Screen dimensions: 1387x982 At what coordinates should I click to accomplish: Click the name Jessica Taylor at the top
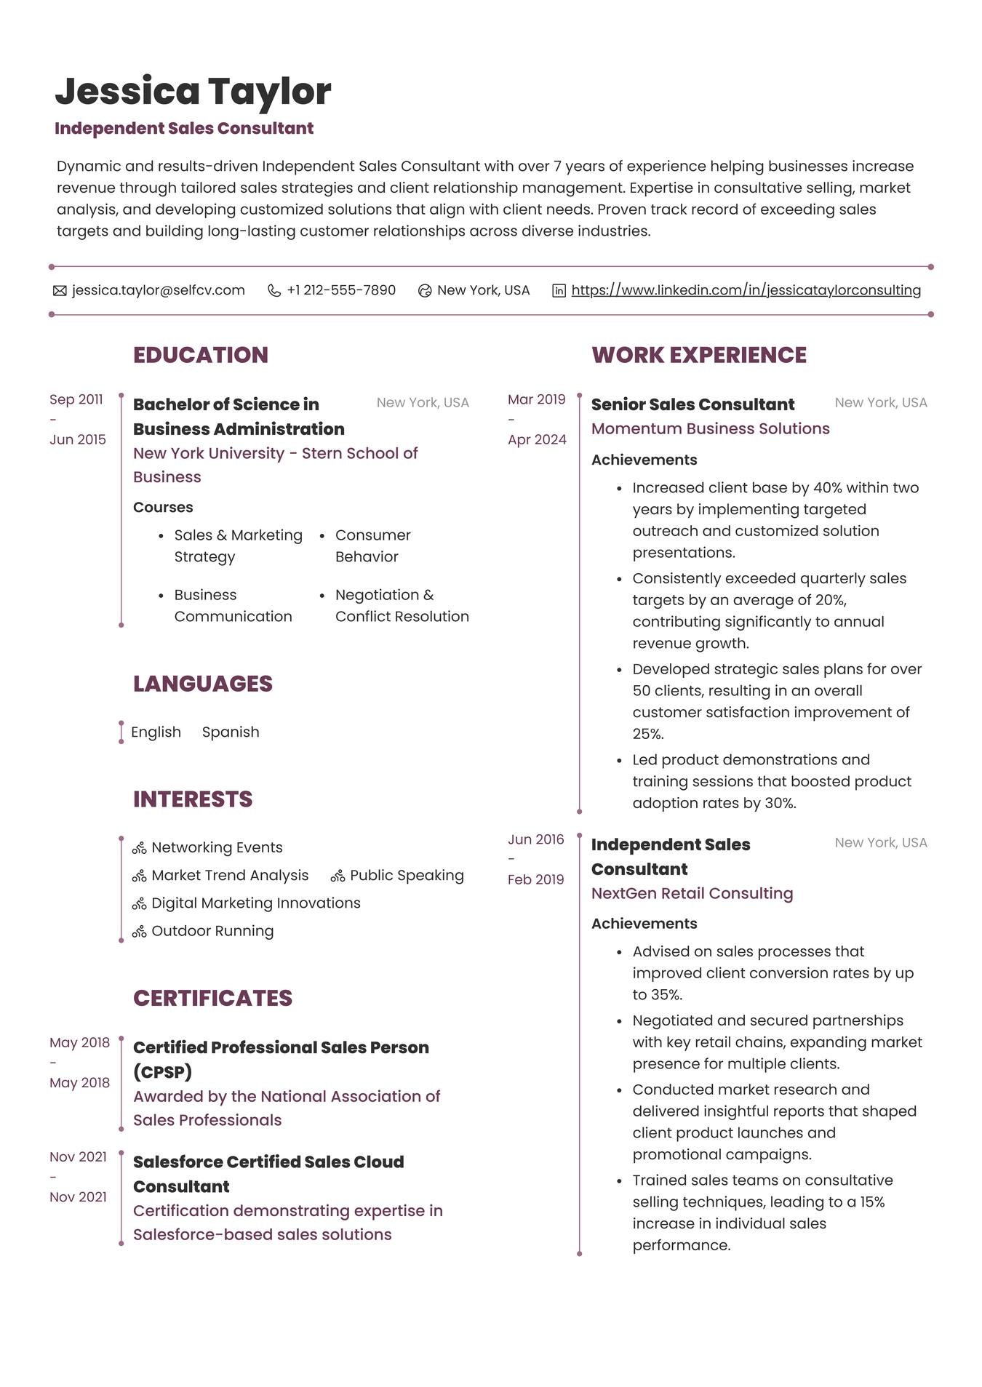(x=193, y=92)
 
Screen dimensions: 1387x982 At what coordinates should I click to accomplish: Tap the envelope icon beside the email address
(x=60, y=291)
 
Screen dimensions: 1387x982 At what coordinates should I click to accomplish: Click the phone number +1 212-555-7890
(x=341, y=290)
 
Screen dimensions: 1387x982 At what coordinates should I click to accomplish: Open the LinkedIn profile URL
(x=746, y=290)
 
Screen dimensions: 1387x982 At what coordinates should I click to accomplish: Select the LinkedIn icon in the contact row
(x=559, y=291)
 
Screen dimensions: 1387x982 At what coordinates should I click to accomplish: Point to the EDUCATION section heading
(x=201, y=355)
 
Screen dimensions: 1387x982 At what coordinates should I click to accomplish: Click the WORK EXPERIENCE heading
(x=698, y=355)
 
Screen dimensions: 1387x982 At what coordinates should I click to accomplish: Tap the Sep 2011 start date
(x=76, y=399)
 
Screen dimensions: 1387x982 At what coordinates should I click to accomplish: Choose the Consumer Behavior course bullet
(x=372, y=545)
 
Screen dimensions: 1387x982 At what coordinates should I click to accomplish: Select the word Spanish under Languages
(x=231, y=732)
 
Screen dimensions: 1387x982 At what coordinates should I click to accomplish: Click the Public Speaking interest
(x=407, y=875)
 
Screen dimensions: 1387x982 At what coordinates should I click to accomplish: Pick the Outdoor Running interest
(x=212, y=931)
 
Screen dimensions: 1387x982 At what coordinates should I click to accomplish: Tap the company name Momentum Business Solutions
(x=710, y=428)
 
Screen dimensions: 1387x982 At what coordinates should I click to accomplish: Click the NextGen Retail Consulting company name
(x=692, y=893)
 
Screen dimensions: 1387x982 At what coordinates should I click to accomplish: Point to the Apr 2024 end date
(x=537, y=439)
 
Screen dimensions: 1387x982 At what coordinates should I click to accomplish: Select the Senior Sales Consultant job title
(x=692, y=404)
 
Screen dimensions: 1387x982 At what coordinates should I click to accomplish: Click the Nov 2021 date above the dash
(x=78, y=1156)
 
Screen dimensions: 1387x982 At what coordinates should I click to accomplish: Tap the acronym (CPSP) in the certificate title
(x=162, y=1071)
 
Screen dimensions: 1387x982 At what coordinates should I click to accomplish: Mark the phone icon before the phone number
(x=274, y=291)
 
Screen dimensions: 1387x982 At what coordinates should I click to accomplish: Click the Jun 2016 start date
(x=536, y=839)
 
